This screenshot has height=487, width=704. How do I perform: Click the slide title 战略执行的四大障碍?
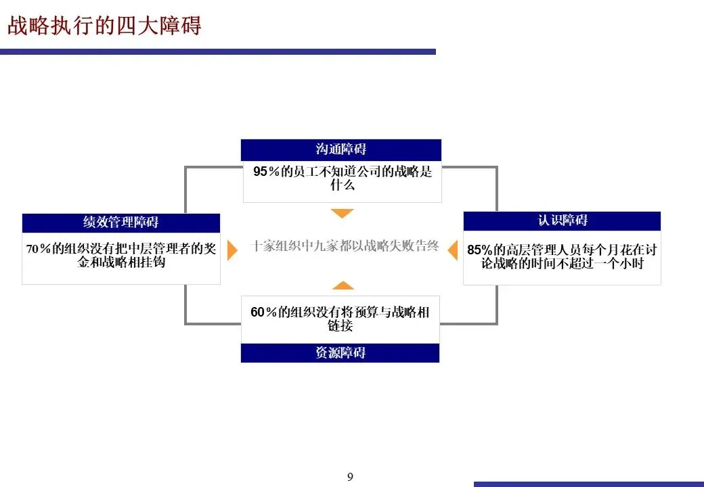pos(105,26)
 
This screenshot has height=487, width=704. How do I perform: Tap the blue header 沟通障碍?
pos(341,149)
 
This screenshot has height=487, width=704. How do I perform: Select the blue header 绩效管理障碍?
pos(121,223)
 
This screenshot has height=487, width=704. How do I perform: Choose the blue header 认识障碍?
pos(562,221)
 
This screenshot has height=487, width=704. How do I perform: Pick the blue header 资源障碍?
pos(340,353)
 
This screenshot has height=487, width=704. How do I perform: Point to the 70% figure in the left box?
pos(39,249)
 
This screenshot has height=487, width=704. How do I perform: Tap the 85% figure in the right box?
pos(480,250)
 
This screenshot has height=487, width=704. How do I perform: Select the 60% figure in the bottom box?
pos(264,312)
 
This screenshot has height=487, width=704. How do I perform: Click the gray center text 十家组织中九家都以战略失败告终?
pos(345,247)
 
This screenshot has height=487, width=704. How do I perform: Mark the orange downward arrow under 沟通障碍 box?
pos(343,214)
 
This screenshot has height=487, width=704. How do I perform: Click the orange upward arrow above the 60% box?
pos(343,285)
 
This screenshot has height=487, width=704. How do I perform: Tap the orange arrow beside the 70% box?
pos(232,250)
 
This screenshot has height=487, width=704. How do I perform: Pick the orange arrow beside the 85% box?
pos(453,248)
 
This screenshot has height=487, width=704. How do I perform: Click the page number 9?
pos(350,478)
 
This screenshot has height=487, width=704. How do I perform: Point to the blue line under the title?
pos(217,51)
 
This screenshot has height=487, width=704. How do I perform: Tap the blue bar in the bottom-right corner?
pos(589,484)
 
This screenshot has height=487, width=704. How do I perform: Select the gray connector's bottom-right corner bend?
pos(496,323)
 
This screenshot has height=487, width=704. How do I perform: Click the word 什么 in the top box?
pos(342,185)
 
